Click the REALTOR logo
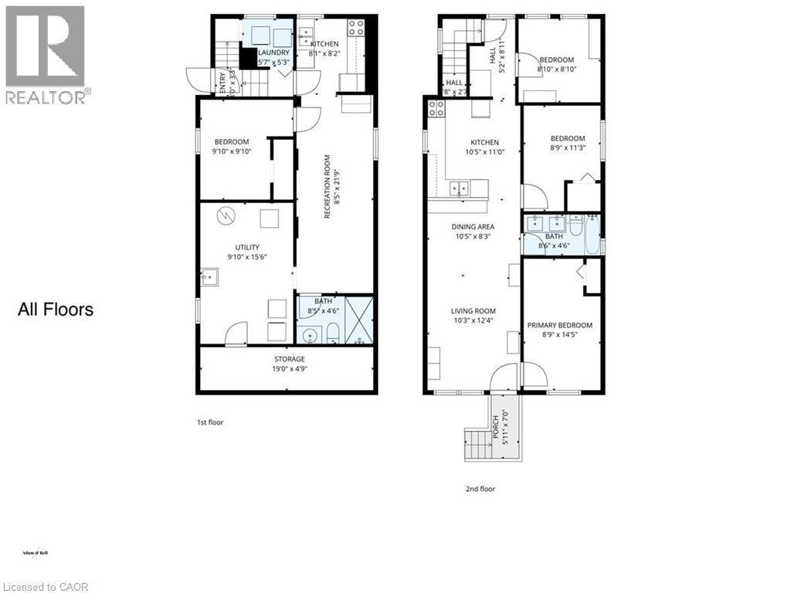[46, 54]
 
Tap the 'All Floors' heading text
[56, 310]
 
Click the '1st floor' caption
[209, 422]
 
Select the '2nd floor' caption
[480, 488]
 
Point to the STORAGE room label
[289, 359]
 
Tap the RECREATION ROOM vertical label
[328, 186]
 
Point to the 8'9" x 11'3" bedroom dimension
[562, 148]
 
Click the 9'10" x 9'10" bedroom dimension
[232, 151]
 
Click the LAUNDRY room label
[273, 53]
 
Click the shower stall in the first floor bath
[358, 318]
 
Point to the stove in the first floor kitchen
[357, 28]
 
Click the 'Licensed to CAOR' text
[45, 587]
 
